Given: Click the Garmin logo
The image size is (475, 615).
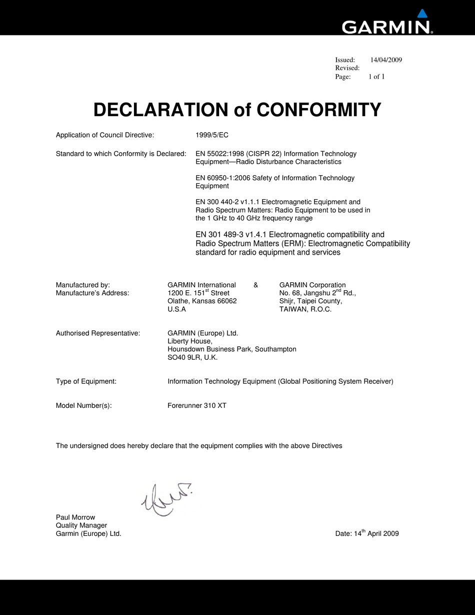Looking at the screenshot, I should [387, 24].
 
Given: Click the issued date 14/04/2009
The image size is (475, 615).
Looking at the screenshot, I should [386, 60].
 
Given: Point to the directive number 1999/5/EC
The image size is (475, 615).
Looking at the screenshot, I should [212, 135].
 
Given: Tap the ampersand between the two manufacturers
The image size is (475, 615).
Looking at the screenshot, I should [256, 285].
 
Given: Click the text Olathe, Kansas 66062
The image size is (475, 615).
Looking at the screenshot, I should [202, 301].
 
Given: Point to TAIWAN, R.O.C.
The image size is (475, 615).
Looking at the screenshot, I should [305, 309].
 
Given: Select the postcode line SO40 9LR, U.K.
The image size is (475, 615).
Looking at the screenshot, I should [192, 357].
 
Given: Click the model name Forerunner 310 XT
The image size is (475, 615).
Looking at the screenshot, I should [197, 406].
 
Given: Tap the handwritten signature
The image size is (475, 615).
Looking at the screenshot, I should [165, 498].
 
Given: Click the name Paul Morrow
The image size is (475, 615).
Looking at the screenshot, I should [75, 517].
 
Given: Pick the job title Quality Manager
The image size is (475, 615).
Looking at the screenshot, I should [81, 525].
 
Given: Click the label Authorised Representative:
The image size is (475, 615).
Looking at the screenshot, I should [98, 333].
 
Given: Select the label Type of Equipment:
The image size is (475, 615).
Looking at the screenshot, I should [86, 381].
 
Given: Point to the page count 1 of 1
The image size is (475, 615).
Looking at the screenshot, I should [376, 77].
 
